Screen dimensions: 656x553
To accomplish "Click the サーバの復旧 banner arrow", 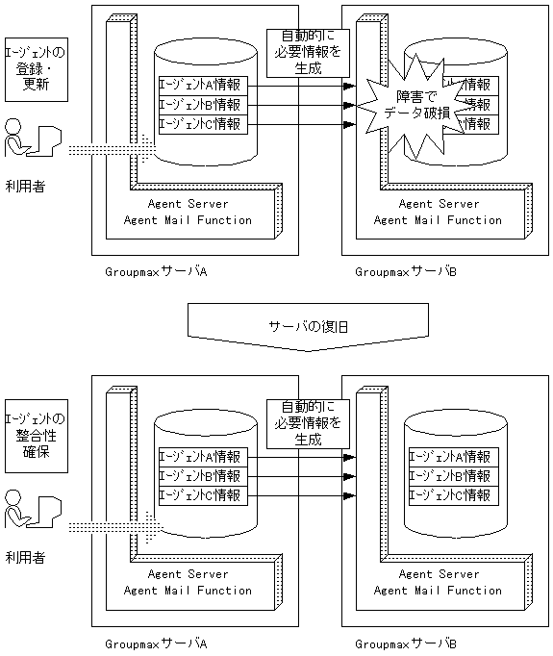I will coord(308,328).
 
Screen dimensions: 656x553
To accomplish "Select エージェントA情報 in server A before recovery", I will coord(203,85).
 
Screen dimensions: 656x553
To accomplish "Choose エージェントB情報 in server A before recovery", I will coord(203,104).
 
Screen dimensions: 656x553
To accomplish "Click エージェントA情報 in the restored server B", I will coord(450,457).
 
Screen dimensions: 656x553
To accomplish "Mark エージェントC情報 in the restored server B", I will coord(450,495).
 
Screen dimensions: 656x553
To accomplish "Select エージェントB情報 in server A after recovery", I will coord(203,475).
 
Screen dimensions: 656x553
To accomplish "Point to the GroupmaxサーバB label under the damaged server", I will coord(406,272).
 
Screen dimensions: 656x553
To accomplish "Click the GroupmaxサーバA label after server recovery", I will coord(157,643).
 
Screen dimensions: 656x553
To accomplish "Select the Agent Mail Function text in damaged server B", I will coord(438,220).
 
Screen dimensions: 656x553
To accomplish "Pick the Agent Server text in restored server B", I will coord(438,574).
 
